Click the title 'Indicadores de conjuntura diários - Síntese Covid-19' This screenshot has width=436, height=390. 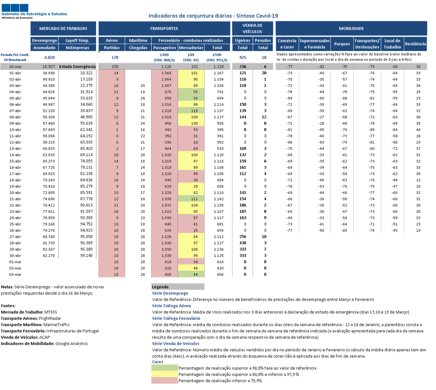(x=213, y=16)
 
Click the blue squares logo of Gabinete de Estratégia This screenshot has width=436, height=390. (x=15, y=8)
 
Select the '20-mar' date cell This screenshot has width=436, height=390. (x=15, y=67)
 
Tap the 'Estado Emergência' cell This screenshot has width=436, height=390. (x=77, y=67)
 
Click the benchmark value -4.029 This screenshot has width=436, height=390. (x=49, y=58)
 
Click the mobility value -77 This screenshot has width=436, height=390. (x=289, y=67)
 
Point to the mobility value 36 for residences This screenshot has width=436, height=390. (x=418, y=67)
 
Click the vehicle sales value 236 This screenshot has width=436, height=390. (x=243, y=67)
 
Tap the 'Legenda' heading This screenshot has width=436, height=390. (x=160, y=287)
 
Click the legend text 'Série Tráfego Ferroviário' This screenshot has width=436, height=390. (x=176, y=318)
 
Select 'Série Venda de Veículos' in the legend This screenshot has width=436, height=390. (x=176, y=344)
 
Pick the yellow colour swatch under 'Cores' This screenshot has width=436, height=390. (x=164, y=374)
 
